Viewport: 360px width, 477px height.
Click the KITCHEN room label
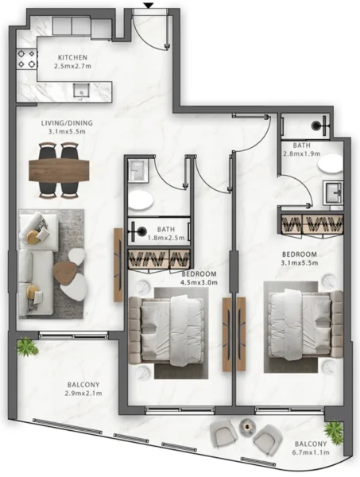[x=73, y=58]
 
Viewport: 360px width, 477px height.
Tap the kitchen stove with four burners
[x=26, y=59]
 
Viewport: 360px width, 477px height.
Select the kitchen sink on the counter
[x=80, y=92]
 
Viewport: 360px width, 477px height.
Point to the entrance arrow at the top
[x=148, y=6]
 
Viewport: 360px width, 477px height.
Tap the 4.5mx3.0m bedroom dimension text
[x=199, y=282]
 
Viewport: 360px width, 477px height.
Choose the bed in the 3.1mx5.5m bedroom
[x=300, y=322]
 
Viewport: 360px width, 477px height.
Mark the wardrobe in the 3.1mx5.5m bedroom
[x=311, y=219]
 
